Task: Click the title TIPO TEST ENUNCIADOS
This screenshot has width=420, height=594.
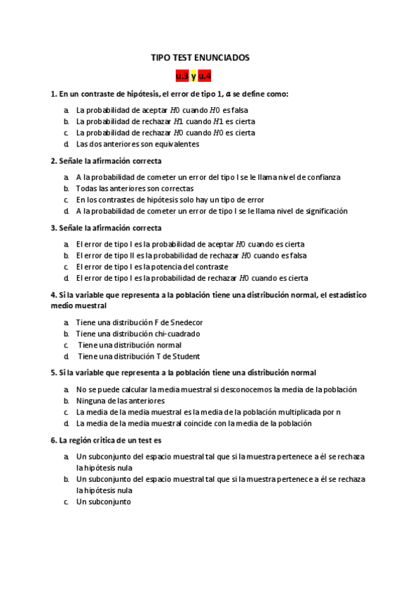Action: (200, 58)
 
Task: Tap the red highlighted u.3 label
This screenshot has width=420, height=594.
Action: (182, 76)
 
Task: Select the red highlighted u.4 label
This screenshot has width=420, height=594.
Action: (205, 76)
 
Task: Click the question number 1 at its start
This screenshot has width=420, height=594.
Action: (53, 94)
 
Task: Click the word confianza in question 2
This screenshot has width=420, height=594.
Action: (321, 177)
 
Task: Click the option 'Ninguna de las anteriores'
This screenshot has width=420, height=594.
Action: (121, 401)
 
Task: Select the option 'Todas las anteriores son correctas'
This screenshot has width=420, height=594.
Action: (135, 188)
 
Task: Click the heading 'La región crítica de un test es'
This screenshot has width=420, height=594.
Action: (110, 441)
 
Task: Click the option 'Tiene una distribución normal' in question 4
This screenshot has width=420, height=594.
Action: (130, 345)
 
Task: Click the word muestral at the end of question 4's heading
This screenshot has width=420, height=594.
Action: (88, 305)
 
